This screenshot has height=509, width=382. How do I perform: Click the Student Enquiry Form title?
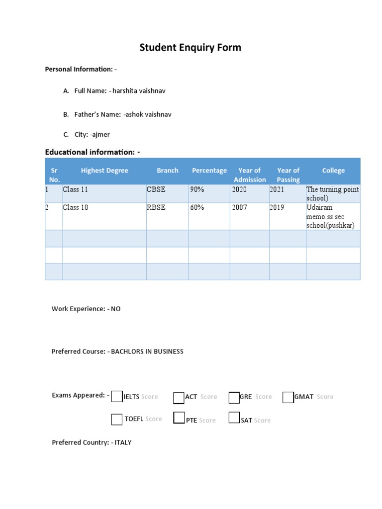point(190,48)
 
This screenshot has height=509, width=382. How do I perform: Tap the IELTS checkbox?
point(117,396)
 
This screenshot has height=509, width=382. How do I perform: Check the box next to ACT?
point(179,398)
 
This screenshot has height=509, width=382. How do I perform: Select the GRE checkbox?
point(234,398)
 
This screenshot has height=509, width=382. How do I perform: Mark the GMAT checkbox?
point(287,397)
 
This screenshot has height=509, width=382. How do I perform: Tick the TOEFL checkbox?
point(117,420)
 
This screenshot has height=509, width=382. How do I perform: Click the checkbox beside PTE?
point(179,418)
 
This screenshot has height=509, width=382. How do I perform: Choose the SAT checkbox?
point(234,418)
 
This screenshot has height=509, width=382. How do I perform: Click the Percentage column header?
point(209,170)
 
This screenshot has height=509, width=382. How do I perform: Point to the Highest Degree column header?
point(104,170)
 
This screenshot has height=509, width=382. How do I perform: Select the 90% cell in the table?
point(197,189)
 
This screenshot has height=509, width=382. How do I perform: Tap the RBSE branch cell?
point(156,207)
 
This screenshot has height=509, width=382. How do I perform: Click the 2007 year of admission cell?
point(239,207)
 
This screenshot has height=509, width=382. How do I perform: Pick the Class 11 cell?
point(75,189)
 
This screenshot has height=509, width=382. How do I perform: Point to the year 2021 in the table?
point(277,189)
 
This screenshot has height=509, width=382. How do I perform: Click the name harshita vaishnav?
point(137,91)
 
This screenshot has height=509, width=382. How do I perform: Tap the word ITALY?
point(123,442)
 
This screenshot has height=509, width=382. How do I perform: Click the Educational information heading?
point(92,152)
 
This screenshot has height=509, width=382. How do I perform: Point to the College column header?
point(333,170)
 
